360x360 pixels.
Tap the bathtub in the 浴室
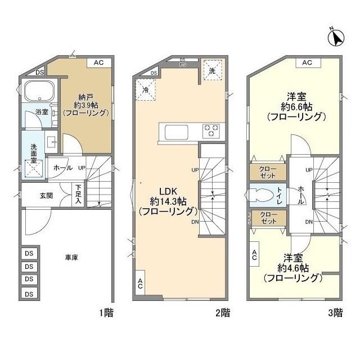tap(38, 91)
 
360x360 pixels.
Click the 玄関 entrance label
tap(46, 195)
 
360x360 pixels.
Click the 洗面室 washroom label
tap(33, 154)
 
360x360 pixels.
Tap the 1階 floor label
tap(105, 313)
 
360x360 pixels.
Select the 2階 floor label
tap(222, 313)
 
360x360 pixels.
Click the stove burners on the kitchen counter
tap(211, 130)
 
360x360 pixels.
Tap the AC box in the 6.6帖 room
tap(307, 62)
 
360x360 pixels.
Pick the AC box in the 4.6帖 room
tap(254, 255)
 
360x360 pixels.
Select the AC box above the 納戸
tap(98, 62)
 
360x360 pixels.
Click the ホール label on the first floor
tap(62, 168)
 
